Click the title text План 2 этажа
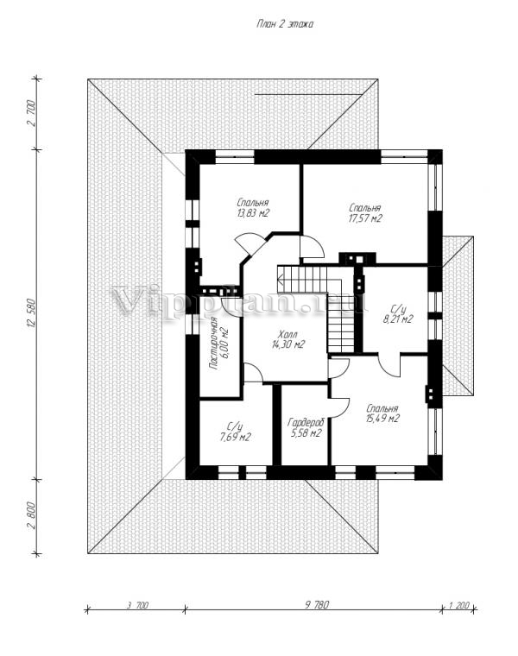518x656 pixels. pos(285,24)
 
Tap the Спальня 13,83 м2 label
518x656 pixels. pos(252,208)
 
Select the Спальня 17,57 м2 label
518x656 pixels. pos(365,213)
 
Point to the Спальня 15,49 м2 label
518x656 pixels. pos(382,413)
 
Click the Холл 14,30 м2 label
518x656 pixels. pos(287,340)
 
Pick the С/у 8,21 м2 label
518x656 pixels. pos(398,314)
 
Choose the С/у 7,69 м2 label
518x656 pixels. pos(235,432)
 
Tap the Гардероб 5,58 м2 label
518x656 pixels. pos(306,427)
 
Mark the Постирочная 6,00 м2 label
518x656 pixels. pos(219,344)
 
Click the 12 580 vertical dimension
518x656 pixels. pos(29,313)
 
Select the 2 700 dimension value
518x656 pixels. pos(30,114)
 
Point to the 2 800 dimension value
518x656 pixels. pos(30,518)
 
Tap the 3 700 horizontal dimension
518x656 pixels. pos(137,604)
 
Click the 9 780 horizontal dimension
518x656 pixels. pos(317,604)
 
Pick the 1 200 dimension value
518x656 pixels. pos(459,604)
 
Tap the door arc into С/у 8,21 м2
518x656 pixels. pos(390,365)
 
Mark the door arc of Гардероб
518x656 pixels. pos(340,406)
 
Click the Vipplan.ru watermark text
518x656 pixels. pos(238,300)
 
